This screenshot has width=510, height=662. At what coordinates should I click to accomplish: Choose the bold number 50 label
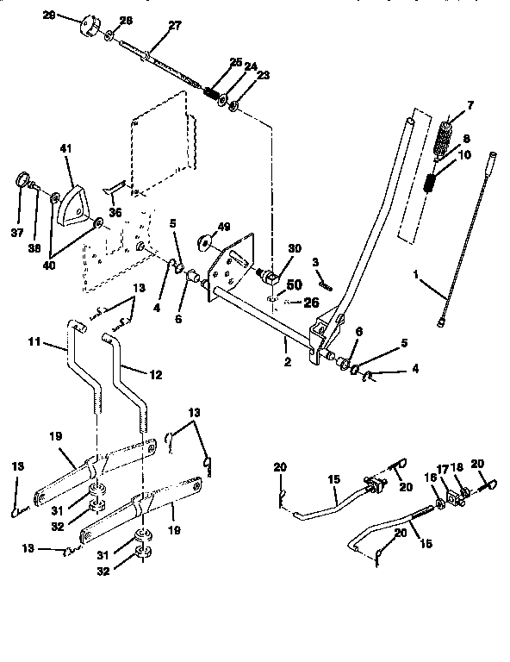(x=293, y=284)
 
